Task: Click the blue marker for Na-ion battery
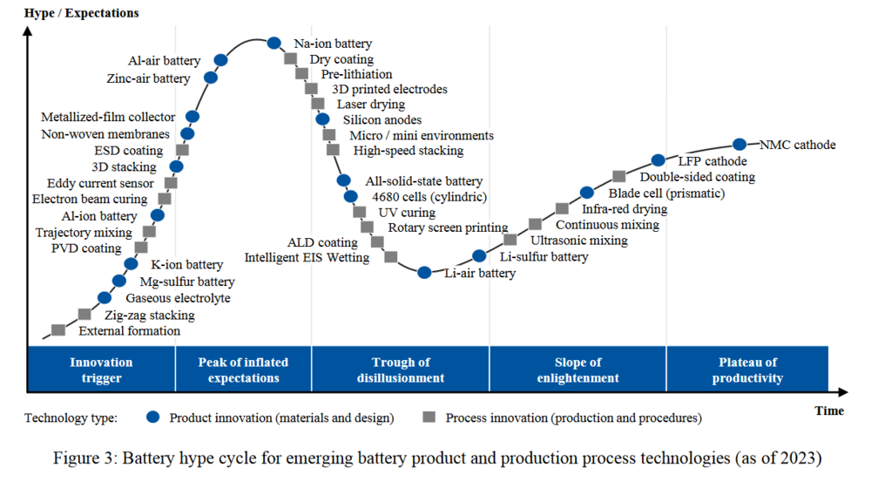(x=273, y=43)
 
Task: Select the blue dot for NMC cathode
(x=739, y=145)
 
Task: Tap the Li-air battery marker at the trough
(x=424, y=272)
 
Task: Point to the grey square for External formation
(x=58, y=329)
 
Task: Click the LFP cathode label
(x=712, y=161)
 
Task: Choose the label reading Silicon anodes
(x=382, y=119)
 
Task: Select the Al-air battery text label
(x=165, y=61)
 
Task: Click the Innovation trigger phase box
(x=102, y=370)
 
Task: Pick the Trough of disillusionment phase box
(x=401, y=370)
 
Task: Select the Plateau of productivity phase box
(x=747, y=370)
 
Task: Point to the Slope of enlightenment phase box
(x=578, y=370)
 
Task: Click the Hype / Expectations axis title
(x=81, y=13)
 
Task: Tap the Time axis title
(x=829, y=410)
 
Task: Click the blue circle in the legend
(x=154, y=418)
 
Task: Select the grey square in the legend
(x=429, y=418)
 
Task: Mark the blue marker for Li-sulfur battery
(x=479, y=255)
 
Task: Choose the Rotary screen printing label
(x=448, y=227)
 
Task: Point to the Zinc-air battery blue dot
(x=211, y=78)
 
